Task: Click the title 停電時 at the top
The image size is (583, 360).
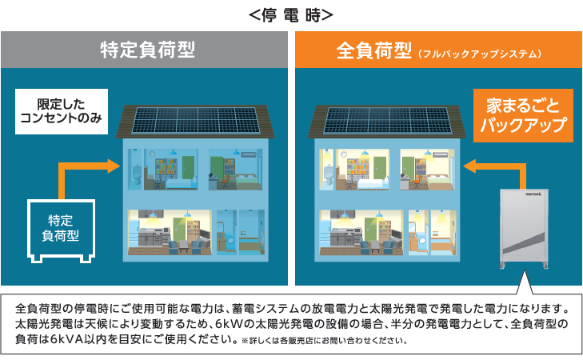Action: (291, 16)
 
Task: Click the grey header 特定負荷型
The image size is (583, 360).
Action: (148, 50)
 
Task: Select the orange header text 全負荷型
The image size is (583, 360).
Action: (373, 50)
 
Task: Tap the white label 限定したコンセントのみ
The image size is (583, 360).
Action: (62, 111)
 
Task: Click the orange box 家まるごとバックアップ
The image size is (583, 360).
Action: (523, 115)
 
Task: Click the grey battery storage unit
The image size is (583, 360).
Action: (524, 229)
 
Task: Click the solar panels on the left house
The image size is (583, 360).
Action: (196, 120)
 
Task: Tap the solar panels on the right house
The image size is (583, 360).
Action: (387, 120)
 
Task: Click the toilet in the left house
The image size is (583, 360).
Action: (137, 175)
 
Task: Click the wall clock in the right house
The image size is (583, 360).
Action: (343, 154)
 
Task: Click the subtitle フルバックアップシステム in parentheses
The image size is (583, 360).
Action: (480, 54)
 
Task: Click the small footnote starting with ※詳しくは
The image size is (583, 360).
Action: (324, 340)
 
